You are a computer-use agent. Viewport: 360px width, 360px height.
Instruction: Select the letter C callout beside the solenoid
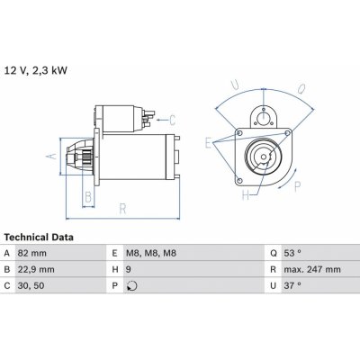[172, 118]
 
